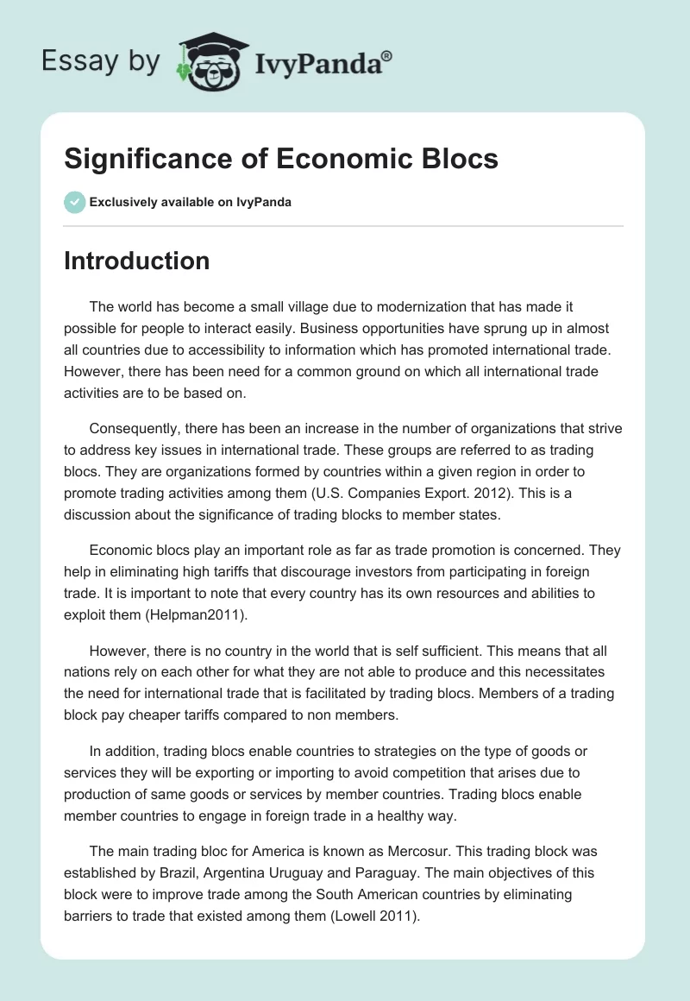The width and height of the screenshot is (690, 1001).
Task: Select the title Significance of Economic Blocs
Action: click(x=281, y=160)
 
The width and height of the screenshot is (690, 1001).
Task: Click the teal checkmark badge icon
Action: click(x=74, y=202)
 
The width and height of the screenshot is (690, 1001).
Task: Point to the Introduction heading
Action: click(x=136, y=261)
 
